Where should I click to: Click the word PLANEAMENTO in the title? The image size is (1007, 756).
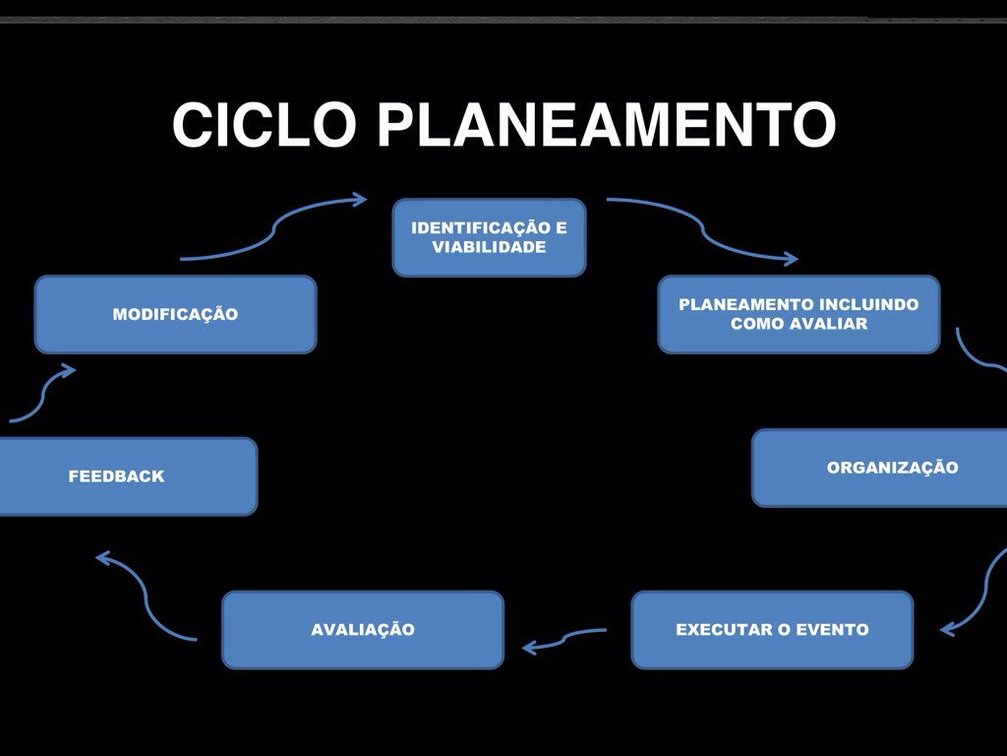tap(606, 125)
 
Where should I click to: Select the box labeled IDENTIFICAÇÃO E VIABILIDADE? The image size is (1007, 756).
tap(489, 237)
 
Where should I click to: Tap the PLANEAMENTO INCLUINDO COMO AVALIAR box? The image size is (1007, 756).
tap(799, 314)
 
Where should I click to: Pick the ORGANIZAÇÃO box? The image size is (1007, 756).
tap(880, 468)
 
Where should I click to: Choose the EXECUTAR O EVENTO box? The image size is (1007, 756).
tap(772, 630)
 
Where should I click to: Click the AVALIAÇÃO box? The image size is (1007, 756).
tap(363, 630)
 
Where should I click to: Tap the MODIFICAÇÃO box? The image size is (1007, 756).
tap(175, 315)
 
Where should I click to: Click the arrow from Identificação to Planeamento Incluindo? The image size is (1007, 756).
tap(703, 230)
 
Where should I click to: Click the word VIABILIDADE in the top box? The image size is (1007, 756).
tap(489, 247)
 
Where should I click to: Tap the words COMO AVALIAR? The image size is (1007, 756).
tap(799, 324)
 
